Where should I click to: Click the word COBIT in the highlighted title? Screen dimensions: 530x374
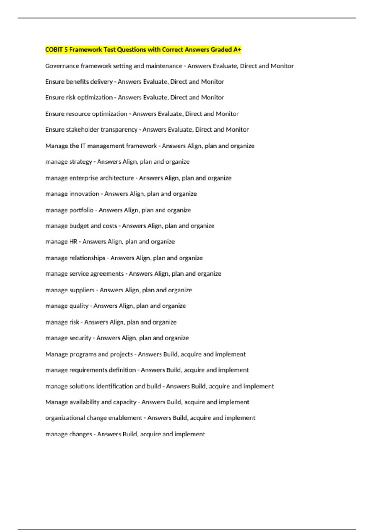click(54, 50)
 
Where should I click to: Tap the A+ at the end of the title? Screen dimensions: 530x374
click(237, 50)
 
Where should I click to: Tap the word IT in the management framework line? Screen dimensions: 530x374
click(83, 146)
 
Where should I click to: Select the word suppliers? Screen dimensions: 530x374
click(82, 290)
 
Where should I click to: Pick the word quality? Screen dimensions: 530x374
click(79, 306)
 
